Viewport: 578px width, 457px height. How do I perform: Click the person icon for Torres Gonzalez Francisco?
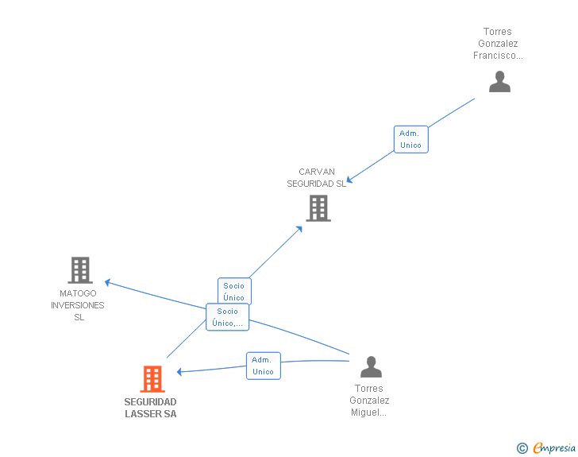click(x=499, y=82)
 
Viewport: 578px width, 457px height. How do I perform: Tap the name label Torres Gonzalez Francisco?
click(x=498, y=44)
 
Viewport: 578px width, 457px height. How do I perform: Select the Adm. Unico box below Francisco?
click(x=410, y=139)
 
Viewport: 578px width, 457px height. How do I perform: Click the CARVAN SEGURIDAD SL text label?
click(x=317, y=177)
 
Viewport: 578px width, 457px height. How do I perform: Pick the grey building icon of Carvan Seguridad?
click(x=318, y=208)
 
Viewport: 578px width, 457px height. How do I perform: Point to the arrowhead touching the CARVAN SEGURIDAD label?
click(x=350, y=180)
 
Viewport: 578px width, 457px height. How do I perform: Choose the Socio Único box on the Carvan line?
click(x=234, y=291)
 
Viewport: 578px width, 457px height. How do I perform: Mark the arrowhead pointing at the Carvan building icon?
click(x=299, y=229)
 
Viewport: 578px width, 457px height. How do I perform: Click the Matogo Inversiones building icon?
click(x=80, y=270)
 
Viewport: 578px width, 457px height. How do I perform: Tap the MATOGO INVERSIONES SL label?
click(x=79, y=305)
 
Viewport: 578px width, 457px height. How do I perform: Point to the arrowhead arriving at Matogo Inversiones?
click(x=108, y=281)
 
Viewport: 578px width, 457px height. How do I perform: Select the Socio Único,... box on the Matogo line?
click(x=227, y=317)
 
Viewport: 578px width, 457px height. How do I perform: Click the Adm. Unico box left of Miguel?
click(x=263, y=366)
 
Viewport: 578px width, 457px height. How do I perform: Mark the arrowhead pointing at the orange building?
click(x=180, y=371)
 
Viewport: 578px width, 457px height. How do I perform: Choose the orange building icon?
click(x=152, y=379)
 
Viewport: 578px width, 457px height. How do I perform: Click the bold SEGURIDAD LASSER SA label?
click(x=151, y=408)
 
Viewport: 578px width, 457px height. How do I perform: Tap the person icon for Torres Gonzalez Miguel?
click(x=371, y=367)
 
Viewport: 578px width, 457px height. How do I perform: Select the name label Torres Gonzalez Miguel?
click(x=369, y=401)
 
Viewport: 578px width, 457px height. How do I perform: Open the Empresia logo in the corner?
click(x=554, y=447)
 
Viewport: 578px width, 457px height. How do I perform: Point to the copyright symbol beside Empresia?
click(x=522, y=448)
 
